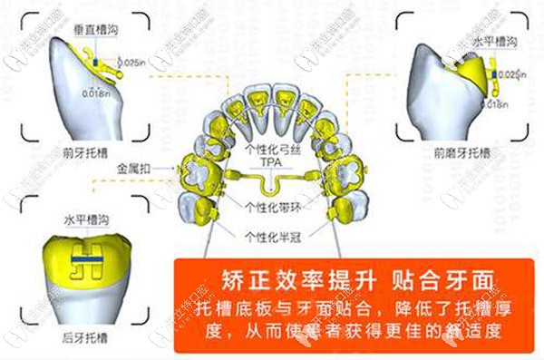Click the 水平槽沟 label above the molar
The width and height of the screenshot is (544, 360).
coord(84,219)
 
